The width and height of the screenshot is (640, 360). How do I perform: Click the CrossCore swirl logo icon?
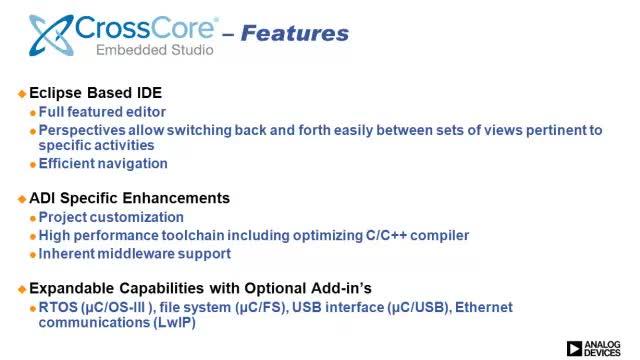click(x=51, y=35)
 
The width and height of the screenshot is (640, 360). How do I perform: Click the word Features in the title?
click(x=295, y=33)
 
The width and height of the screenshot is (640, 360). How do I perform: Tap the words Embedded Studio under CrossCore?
click(x=155, y=50)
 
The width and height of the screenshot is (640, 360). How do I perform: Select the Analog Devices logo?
click(x=594, y=349)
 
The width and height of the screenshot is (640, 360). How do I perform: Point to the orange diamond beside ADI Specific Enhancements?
click(x=22, y=199)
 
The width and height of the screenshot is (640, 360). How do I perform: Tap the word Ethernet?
click(x=484, y=307)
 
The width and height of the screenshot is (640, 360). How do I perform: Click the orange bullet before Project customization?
click(x=33, y=218)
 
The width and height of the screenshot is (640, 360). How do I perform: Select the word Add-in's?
click(x=341, y=288)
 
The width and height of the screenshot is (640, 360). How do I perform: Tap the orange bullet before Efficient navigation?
click(x=33, y=165)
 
